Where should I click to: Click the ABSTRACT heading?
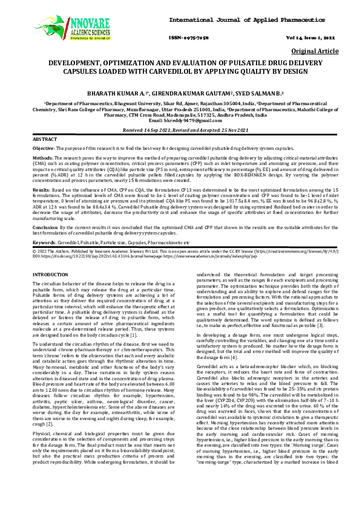click(44, 139)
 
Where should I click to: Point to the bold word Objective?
click(43, 149)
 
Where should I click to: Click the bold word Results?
click(41, 190)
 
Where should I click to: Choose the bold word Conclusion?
click(45, 227)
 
